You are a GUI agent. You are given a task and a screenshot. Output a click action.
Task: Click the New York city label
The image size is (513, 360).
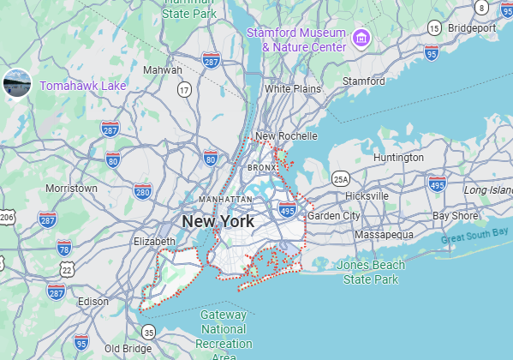click(218, 221)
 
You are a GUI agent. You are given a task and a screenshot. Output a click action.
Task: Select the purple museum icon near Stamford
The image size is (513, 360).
click(361, 38)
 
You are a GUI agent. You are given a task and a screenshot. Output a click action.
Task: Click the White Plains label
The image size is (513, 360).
click(293, 88)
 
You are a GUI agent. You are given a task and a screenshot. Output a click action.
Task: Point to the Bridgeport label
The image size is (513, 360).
click(471, 28)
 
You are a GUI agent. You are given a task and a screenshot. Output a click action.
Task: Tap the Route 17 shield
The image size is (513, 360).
click(184, 89)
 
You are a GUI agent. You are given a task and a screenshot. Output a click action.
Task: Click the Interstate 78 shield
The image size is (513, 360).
click(64, 248)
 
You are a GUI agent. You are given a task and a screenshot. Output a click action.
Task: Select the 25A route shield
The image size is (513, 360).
click(341, 179)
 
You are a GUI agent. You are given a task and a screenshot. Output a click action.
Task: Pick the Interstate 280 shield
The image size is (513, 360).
click(143, 190)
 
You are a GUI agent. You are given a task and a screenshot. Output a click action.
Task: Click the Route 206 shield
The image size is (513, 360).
click(7, 218)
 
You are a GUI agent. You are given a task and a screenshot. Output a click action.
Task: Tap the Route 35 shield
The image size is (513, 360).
click(149, 332)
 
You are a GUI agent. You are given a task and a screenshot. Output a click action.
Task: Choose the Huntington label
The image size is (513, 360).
click(398, 158)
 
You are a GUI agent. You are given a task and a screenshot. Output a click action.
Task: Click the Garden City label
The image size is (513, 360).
click(334, 216)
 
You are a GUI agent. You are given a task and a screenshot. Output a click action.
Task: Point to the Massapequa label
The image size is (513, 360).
click(384, 234)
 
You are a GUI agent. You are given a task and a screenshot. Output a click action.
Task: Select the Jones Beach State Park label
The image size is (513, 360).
click(370, 272)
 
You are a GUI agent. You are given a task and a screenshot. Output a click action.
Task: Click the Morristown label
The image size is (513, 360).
click(71, 188)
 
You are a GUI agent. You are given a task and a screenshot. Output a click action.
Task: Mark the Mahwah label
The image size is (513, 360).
click(163, 69)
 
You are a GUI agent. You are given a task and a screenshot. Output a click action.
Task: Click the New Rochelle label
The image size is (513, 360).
click(286, 136)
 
